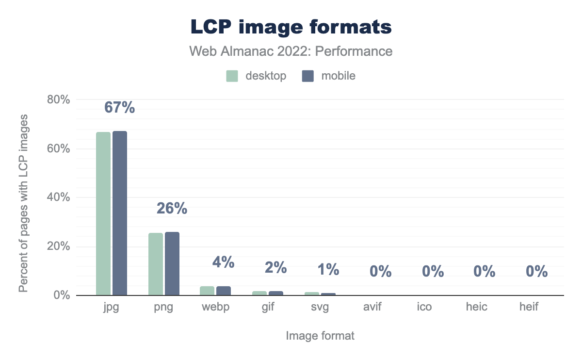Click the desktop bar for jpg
pos(103,213)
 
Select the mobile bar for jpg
pos(120,213)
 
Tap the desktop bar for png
pos(156,264)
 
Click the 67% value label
pos(120,108)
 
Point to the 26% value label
pos(172,209)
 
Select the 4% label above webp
pos(224,262)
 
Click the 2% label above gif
pos(276,267)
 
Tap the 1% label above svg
pos(328,269)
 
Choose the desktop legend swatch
pos(232,76)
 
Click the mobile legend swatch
pos(308,76)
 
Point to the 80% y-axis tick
pos(59,100)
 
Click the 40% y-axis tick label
pos(59,197)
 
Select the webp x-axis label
pos(216,308)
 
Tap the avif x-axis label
pos(372,308)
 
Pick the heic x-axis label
pos(477,308)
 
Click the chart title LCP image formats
pos(291,27)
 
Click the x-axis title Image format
pos(320,336)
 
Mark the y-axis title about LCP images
pos(23,204)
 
